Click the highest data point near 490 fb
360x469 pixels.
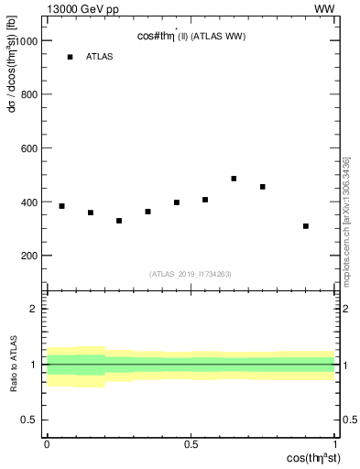coord(234,179)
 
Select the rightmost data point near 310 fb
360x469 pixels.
coord(306,226)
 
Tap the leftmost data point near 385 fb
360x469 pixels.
coord(61,206)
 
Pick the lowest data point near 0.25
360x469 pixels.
coord(119,221)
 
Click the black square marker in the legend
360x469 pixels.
coord(70,57)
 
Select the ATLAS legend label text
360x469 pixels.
coord(100,57)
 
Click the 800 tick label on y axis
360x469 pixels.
coord(28,94)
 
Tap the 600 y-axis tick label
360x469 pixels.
coord(28,148)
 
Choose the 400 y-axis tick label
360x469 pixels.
coord(28,202)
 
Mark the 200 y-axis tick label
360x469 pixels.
coord(28,256)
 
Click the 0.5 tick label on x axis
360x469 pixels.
coord(191,444)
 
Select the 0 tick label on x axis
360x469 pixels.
coord(47,444)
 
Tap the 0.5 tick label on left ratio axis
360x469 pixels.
coord(30,420)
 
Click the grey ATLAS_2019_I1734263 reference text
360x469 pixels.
coord(191,273)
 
